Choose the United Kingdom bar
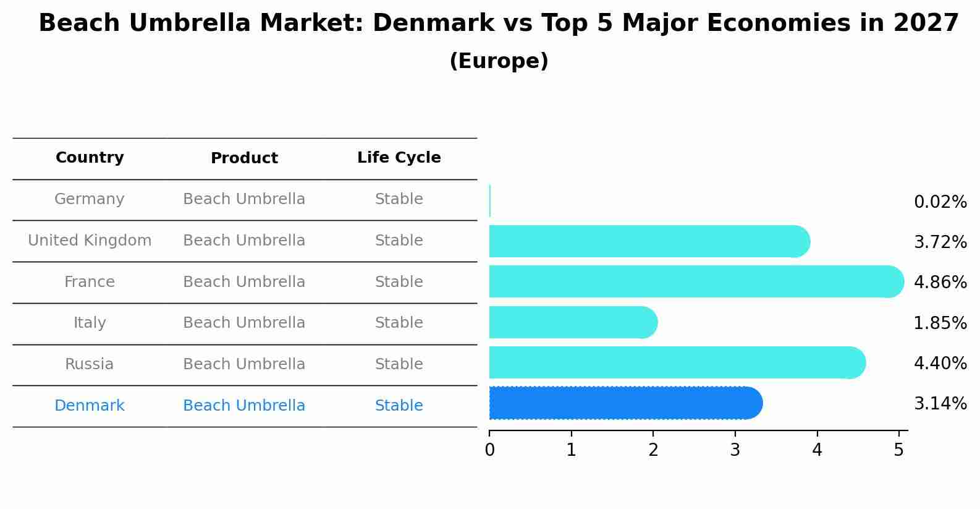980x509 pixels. pyautogui.click(x=649, y=241)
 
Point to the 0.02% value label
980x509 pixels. pyautogui.click(x=940, y=202)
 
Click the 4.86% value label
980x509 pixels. pyautogui.click(x=940, y=283)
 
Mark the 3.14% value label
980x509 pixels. pyautogui.click(x=940, y=404)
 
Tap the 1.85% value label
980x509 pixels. pyautogui.click(x=940, y=323)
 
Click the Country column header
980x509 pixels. pyautogui.click(x=90, y=158)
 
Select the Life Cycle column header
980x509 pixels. pyautogui.click(x=399, y=158)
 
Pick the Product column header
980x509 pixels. pyautogui.click(x=244, y=158)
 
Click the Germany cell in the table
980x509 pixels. pyautogui.click(x=90, y=199)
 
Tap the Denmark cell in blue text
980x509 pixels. pyautogui.click(x=90, y=406)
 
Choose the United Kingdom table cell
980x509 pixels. pyautogui.click(x=90, y=241)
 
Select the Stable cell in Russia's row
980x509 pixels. pyautogui.click(x=399, y=364)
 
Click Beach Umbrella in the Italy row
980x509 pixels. pyautogui.click(x=244, y=323)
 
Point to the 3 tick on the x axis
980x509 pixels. pyautogui.click(x=735, y=450)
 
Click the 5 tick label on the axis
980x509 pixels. pyautogui.click(x=898, y=450)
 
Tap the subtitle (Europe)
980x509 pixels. pyautogui.click(x=499, y=61)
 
